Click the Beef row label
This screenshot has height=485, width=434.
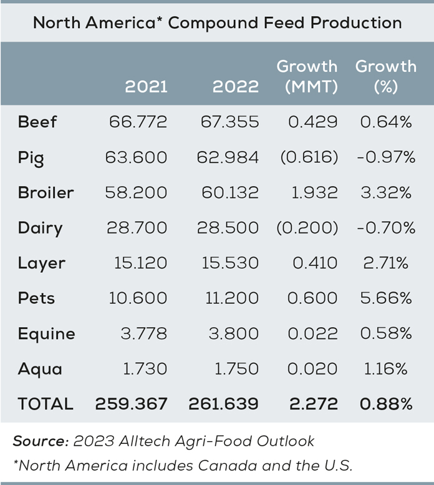(x=37, y=122)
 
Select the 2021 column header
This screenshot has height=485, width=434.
(x=146, y=86)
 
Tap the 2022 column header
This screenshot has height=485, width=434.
(x=235, y=86)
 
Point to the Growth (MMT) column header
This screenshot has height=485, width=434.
(x=307, y=76)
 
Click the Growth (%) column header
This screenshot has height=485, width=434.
(x=385, y=76)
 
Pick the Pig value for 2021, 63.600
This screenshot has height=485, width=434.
(x=138, y=157)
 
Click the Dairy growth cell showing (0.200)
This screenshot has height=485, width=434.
(x=307, y=228)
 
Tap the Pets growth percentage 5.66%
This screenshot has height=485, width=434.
(x=385, y=298)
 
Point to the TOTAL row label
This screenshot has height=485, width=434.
(x=46, y=404)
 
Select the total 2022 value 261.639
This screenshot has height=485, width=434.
(x=223, y=404)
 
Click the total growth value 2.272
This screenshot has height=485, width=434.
(x=313, y=404)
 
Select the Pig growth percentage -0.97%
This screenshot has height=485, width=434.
(x=385, y=157)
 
